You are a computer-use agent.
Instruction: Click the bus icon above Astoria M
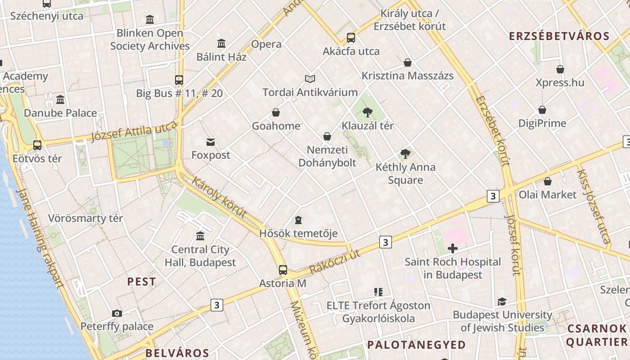tap(283, 270)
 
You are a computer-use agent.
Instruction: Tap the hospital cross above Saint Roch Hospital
tap(453, 248)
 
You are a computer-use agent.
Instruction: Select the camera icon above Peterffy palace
tap(117, 313)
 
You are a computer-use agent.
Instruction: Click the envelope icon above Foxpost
tap(210, 142)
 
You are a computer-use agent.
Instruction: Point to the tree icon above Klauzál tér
tap(368, 112)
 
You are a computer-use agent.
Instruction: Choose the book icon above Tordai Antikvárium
tap(310, 79)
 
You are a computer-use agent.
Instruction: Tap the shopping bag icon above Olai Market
tap(548, 181)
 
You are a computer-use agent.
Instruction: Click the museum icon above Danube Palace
tap(60, 99)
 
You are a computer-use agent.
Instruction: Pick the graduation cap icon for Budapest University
tap(502, 301)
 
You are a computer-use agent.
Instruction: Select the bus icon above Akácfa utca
tap(351, 38)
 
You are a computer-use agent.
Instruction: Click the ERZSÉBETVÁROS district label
tap(559, 36)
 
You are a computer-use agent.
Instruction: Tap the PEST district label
tap(141, 282)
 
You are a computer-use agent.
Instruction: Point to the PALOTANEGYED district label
tap(416, 345)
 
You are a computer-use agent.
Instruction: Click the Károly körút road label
tap(219, 198)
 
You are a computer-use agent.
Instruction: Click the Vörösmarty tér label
tap(85, 219)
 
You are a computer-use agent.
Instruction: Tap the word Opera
tap(266, 44)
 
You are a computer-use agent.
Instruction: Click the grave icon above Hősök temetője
tap(298, 220)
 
